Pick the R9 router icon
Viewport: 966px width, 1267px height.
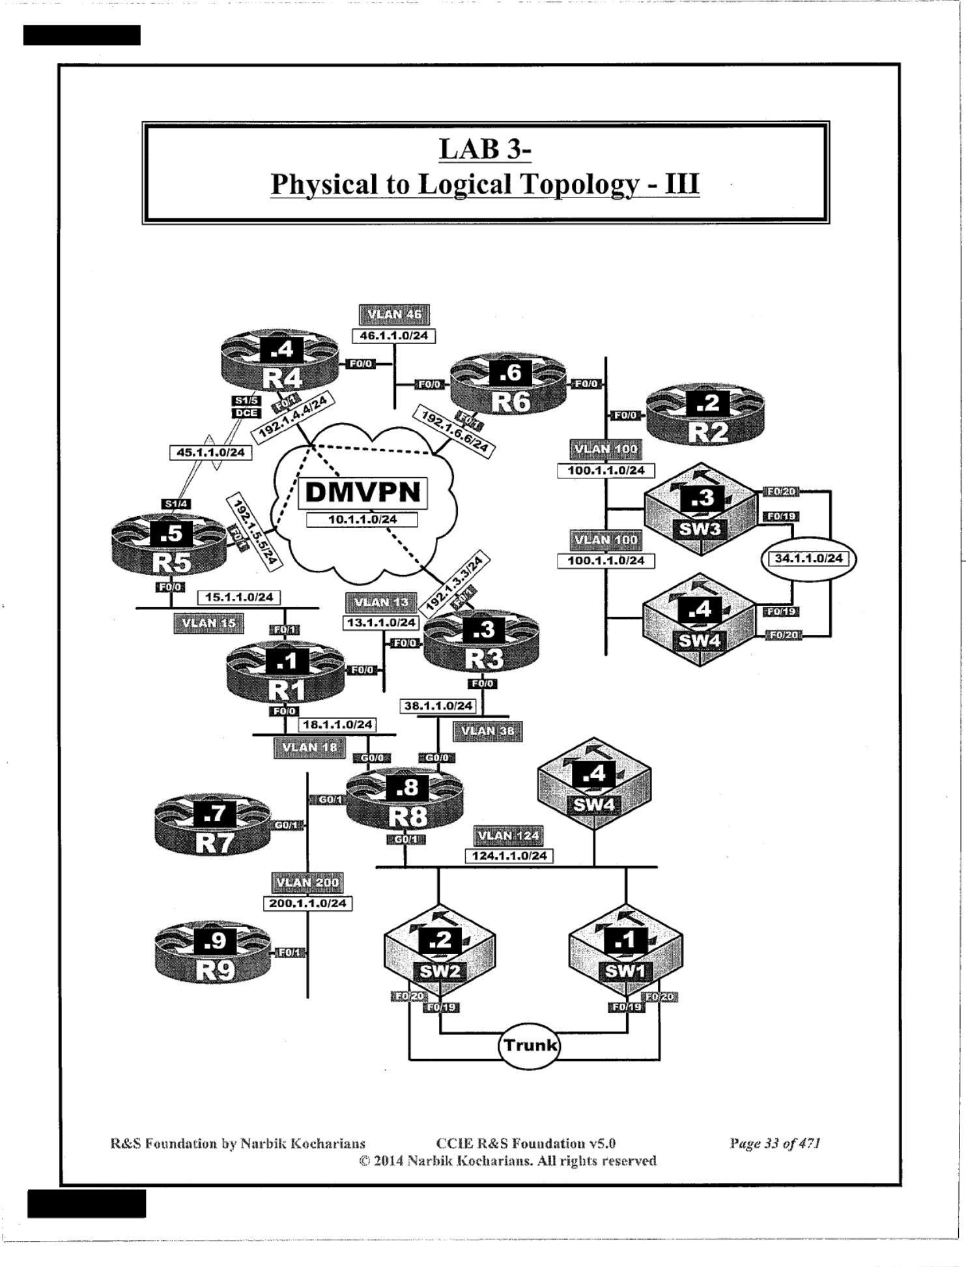pos(213,955)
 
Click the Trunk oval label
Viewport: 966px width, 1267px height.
pos(530,1045)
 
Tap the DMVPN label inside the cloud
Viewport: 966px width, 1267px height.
pos(363,492)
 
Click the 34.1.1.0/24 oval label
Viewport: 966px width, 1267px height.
pos(808,559)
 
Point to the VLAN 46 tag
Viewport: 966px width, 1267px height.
pos(394,315)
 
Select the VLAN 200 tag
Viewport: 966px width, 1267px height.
pos(307,882)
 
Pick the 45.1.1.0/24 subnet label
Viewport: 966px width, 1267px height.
pos(210,452)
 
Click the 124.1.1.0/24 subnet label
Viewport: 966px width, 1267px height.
pos(509,856)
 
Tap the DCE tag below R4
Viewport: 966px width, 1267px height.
pos(247,413)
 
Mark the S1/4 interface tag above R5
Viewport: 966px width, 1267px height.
pos(176,504)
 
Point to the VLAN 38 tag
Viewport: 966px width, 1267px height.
pos(487,731)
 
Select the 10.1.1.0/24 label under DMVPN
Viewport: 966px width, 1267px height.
pos(362,519)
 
